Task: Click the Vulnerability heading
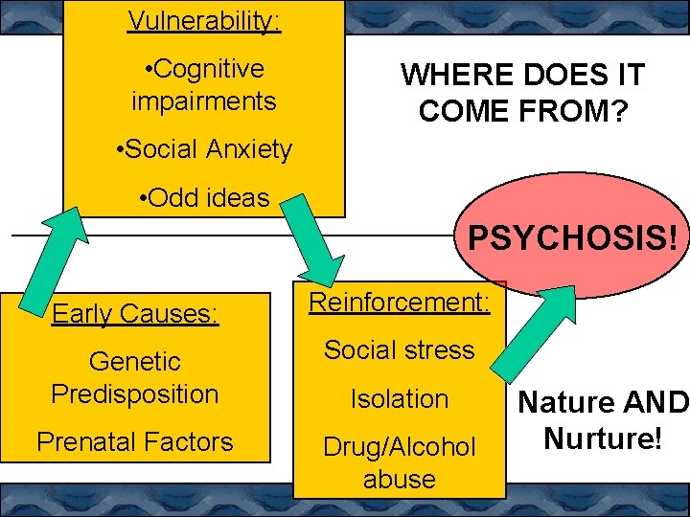point(203,20)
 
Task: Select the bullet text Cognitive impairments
point(203,84)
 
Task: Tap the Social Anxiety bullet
point(202,149)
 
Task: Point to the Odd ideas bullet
point(203,198)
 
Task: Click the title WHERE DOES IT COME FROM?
point(522,93)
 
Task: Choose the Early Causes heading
point(135,313)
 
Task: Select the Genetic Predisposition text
point(135,377)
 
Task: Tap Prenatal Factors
point(134,441)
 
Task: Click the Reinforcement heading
point(399,303)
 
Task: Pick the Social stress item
point(399,349)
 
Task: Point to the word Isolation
point(399,398)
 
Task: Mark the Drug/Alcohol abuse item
point(399,462)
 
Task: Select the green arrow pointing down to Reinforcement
point(316,239)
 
